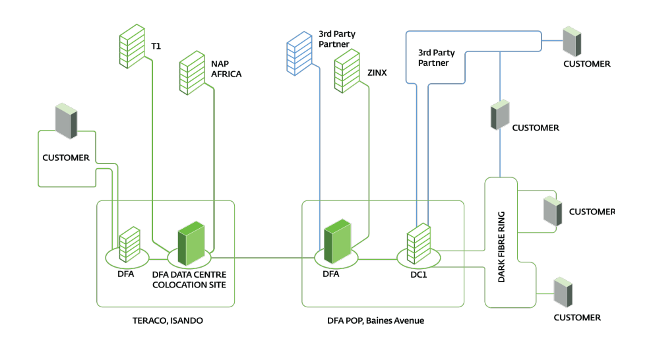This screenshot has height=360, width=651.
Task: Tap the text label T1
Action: point(156,46)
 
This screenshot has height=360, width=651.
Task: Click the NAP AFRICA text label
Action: point(226,69)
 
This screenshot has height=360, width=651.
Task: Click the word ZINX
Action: point(377,73)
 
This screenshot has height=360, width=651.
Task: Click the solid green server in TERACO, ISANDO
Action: point(191,237)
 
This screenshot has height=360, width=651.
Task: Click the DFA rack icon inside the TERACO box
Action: point(127,241)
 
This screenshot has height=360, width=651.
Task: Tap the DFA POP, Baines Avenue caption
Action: point(376,320)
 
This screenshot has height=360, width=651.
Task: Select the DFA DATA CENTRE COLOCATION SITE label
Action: point(189,280)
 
